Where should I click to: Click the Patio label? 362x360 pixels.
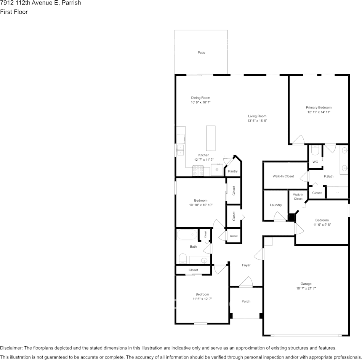pyautogui.click(x=201, y=53)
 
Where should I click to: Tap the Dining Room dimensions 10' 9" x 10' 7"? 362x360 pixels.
pyautogui.click(x=200, y=102)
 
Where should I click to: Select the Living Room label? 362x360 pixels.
pyautogui.click(x=257, y=116)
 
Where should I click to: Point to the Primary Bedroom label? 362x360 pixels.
pyautogui.click(x=319, y=107)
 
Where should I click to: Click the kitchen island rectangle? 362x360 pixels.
pyautogui.click(x=211, y=138)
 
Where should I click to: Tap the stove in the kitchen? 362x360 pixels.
pyautogui.click(x=198, y=171)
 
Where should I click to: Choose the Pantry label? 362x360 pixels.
pyautogui.click(x=233, y=171)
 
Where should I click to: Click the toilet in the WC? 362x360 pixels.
pyautogui.click(x=315, y=150)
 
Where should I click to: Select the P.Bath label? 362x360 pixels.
pyautogui.click(x=328, y=177)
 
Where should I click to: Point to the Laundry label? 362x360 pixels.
pyautogui.click(x=276, y=205)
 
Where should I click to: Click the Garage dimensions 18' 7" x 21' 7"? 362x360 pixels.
pyautogui.click(x=306, y=288)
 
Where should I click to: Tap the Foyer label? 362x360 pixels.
pyautogui.click(x=246, y=265)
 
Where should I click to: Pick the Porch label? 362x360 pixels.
pyautogui.click(x=246, y=301)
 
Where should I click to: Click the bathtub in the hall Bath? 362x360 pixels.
pyautogui.click(x=187, y=234)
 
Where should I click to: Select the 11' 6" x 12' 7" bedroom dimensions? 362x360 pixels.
pyautogui.click(x=202, y=299)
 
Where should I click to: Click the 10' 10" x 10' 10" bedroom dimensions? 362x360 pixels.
pyautogui.click(x=201, y=205)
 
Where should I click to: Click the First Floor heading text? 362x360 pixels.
pyautogui.click(x=14, y=12)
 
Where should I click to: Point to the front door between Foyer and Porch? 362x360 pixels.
pyautogui.click(x=246, y=282)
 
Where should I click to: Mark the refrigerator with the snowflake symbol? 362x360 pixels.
pyautogui.click(x=217, y=170)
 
